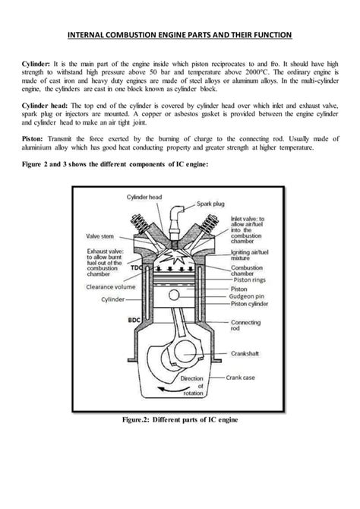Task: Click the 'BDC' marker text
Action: coord(134,321)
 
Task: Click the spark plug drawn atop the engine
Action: coord(179,217)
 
